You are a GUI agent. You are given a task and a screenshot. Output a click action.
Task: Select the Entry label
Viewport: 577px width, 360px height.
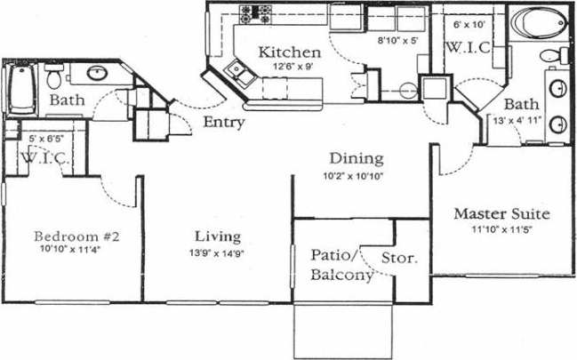[x=223, y=123]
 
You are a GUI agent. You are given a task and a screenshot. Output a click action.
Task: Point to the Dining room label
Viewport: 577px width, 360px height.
[x=356, y=159]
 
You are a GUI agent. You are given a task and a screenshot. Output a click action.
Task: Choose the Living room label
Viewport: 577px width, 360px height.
[x=218, y=236]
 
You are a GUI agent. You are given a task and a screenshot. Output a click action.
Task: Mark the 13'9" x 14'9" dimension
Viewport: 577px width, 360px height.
[x=218, y=252]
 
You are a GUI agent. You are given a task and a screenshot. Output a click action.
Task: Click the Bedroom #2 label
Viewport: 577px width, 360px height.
[x=76, y=236]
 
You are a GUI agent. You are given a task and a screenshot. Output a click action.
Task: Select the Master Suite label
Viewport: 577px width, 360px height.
[x=501, y=214]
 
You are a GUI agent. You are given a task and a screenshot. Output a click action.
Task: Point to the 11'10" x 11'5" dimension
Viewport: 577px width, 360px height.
[x=501, y=228]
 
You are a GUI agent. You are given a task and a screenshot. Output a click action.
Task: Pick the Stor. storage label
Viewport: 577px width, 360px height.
[x=405, y=259]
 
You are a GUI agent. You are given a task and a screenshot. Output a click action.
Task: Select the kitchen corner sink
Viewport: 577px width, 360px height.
[x=238, y=69]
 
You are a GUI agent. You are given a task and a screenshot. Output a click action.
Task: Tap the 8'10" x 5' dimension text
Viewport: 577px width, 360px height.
[x=397, y=40]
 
